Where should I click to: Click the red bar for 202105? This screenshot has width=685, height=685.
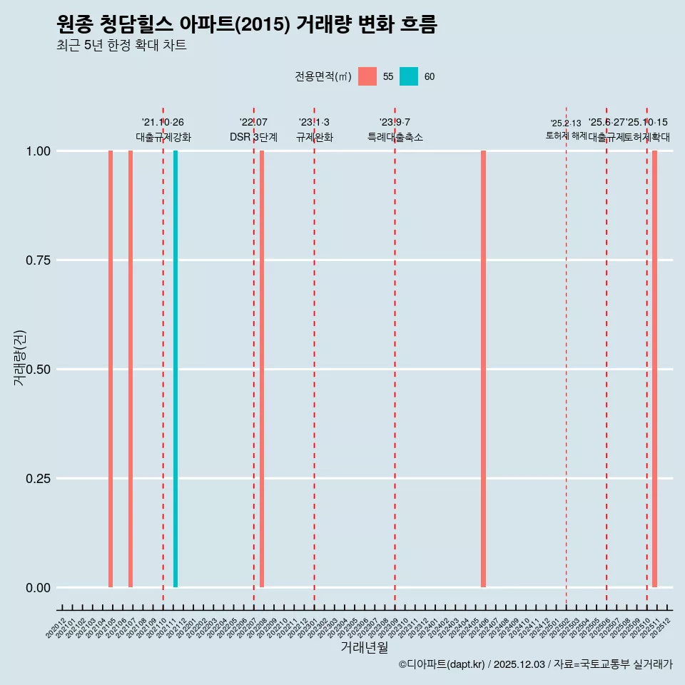[x=111, y=369]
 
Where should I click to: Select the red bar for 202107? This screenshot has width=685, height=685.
[x=131, y=369]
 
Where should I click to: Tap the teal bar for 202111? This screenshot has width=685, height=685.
[x=176, y=369]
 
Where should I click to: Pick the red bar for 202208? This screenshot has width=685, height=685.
[x=262, y=369]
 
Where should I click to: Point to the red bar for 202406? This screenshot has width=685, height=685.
[x=483, y=369]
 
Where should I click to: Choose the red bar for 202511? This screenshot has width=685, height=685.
[x=654, y=369]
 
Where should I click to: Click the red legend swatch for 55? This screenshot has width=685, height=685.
[x=367, y=76]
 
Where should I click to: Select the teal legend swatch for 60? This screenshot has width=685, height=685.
[x=409, y=76]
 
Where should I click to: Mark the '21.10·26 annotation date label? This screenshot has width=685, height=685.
[x=163, y=123]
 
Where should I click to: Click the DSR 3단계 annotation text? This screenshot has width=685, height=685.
[x=253, y=137]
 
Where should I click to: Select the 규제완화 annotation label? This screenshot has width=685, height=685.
[x=314, y=137]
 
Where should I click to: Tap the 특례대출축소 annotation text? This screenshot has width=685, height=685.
[x=395, y=137]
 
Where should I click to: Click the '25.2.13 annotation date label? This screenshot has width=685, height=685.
[x=566, y=123]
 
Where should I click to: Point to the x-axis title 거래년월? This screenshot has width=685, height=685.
[x=365, y=647]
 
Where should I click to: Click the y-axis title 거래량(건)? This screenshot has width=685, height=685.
[x=20, y=358]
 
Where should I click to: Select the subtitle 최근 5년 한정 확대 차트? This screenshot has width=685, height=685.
[x=121, y=46]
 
